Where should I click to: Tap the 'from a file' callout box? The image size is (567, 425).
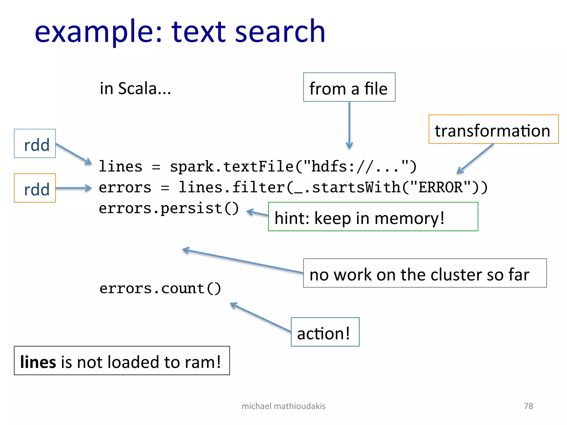coord(349,87)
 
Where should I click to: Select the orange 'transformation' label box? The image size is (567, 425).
coord(493,129)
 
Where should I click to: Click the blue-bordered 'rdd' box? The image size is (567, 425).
coord(35,144)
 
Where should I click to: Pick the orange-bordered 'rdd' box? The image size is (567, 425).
coord(35,188)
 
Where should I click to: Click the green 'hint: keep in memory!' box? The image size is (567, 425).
coord(373,217)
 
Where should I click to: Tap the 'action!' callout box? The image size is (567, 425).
coord(325,332)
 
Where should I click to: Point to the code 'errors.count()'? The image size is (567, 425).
coord(160,289)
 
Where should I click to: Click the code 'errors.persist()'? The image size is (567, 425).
coord(168,208)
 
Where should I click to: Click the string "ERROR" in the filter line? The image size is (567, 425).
coord(440,188)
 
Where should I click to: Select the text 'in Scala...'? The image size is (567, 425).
coord(135,89)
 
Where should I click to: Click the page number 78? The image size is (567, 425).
coord(528,406)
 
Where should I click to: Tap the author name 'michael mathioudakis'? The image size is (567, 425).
coord(283,406)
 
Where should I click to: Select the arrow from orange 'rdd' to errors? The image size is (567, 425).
coord(73,188)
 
